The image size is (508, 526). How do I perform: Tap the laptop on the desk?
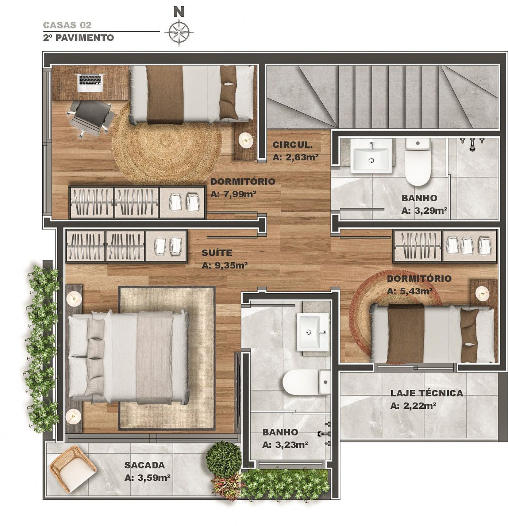pos(90,83)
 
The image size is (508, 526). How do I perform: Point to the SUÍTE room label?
pos(217,253)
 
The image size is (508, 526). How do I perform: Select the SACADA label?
pos(145,465)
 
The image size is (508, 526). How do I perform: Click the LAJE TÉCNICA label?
pos(427,393)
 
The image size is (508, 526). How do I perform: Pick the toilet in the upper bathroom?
pos(417,162)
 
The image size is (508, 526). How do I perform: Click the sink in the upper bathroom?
pos(372,156)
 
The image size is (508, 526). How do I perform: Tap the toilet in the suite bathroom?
pos(307,382)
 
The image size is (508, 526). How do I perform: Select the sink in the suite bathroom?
pos(313,332)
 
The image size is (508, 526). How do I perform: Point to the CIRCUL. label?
pos(292,145)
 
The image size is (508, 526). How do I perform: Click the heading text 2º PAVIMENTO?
pos(78,38)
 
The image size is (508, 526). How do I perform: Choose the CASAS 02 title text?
pos(67,25)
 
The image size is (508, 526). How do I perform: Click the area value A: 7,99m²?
pos(233,194)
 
